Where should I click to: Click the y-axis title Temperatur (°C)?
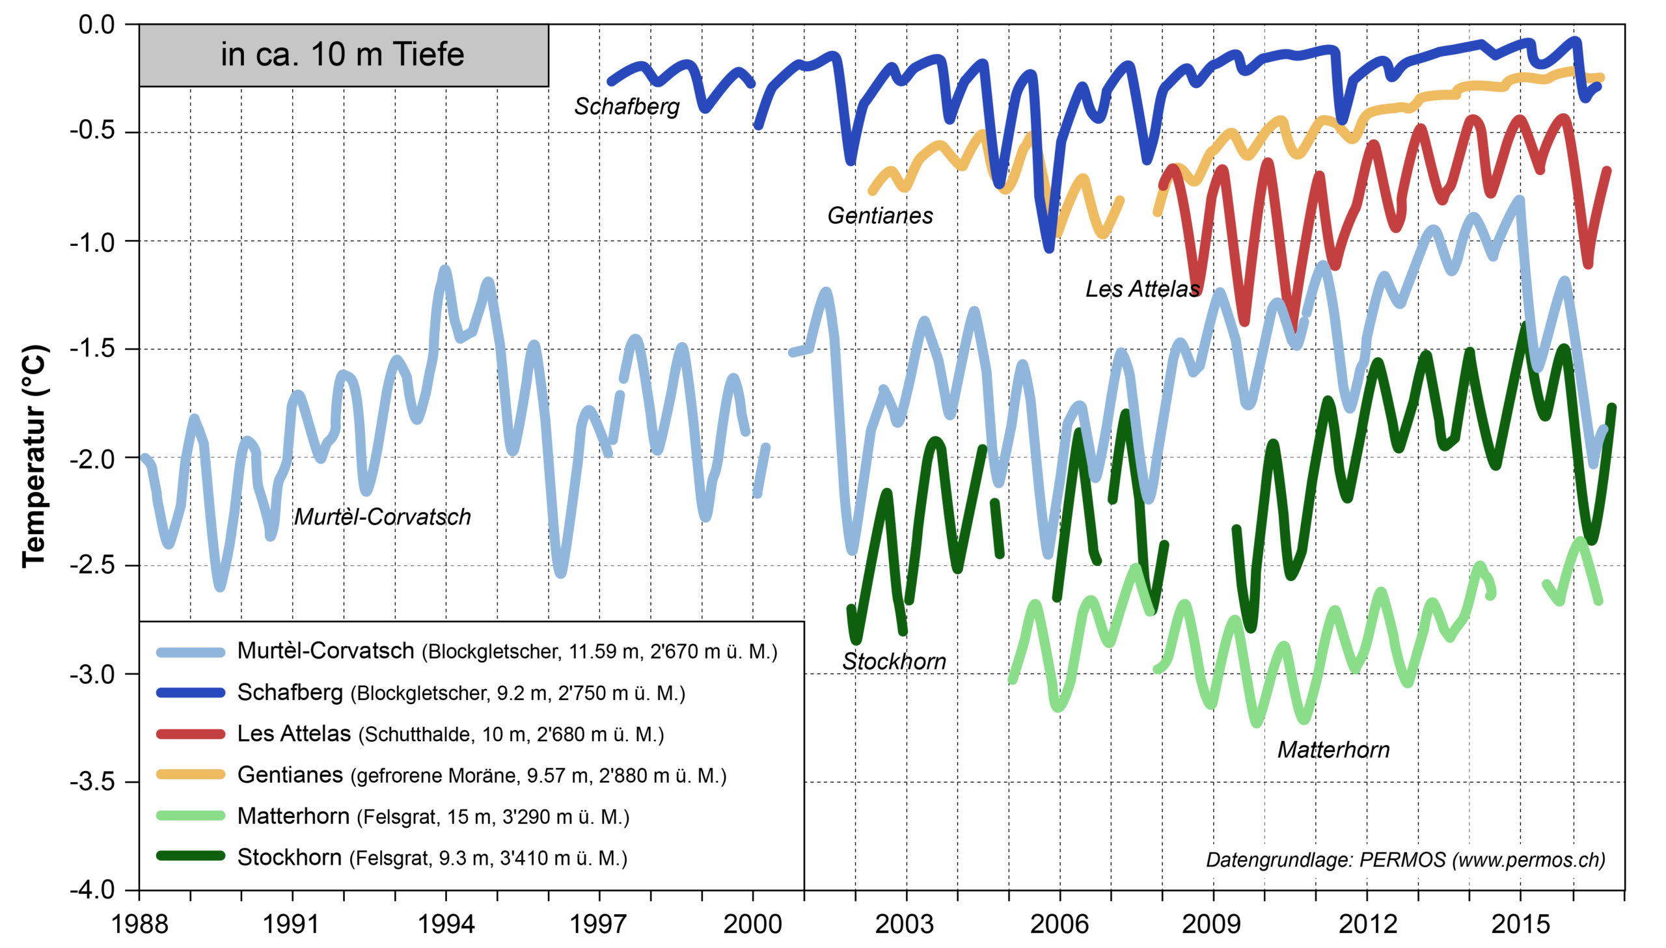tap(34, 456)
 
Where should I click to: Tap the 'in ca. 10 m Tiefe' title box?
tap(343, 55)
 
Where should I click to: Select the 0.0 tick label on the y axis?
tap(96, 25)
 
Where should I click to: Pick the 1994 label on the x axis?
tap(446, 924)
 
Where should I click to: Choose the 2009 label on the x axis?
tap(1212, 924)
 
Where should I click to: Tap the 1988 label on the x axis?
tap(139, 924)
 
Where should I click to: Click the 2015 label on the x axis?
tap(1520, 924)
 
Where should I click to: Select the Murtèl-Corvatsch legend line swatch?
tap(190, 652)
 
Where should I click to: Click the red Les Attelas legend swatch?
tap(190, 735)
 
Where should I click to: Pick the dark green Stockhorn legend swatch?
tap(190, 856)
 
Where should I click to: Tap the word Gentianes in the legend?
tap(290, 775)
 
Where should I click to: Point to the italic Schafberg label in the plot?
tap(626, 107)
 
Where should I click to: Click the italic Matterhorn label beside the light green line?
tap(1333, 750)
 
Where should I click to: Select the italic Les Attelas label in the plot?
tap(1142, 289)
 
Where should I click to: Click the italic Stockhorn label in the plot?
tap(894, 662)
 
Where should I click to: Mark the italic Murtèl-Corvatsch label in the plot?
tap(382, 517)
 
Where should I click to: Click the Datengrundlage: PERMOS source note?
tap(1405, 860)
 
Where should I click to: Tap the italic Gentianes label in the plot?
tap(880, 215)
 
